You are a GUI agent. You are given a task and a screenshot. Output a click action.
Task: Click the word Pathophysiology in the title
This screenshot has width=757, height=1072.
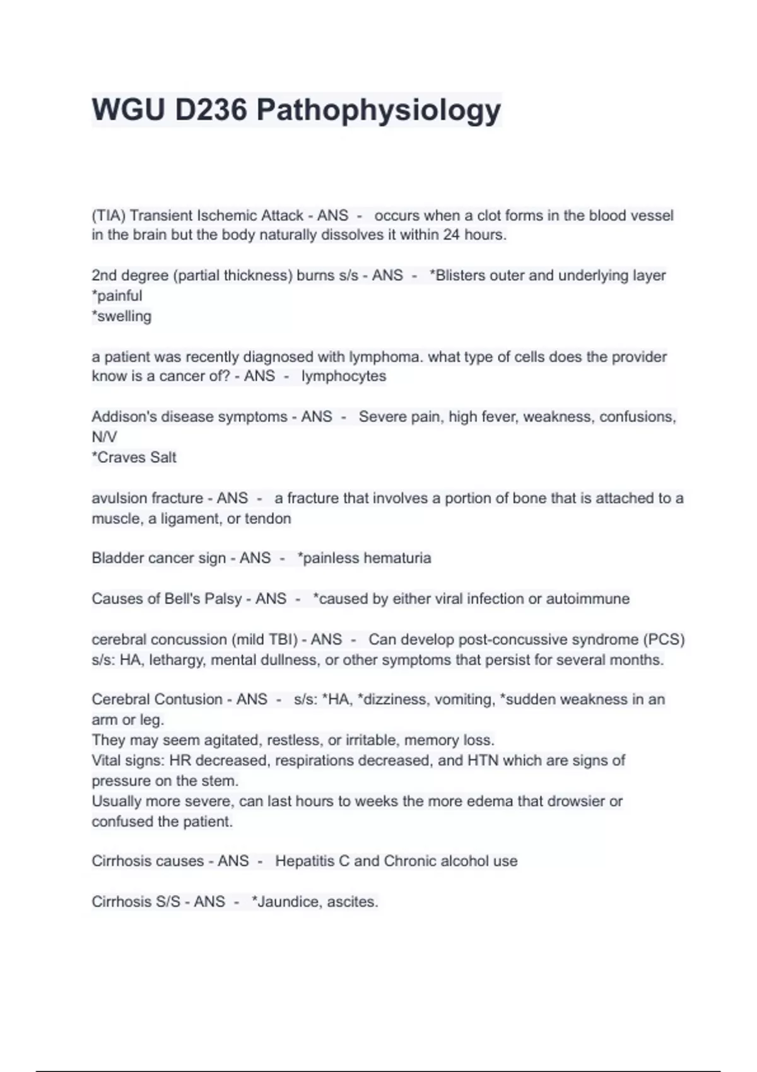coord(378,110)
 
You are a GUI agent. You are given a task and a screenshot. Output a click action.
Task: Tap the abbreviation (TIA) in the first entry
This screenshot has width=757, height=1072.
coord(109,216)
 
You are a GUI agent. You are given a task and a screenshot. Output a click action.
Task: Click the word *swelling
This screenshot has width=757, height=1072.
coord(122,317)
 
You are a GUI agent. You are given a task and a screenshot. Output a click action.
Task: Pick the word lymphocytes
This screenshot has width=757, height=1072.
coord(344,376)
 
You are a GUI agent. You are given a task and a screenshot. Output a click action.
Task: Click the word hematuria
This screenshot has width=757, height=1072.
coord(397,558)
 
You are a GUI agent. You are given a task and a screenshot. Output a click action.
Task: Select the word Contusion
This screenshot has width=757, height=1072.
coord(188,699)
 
